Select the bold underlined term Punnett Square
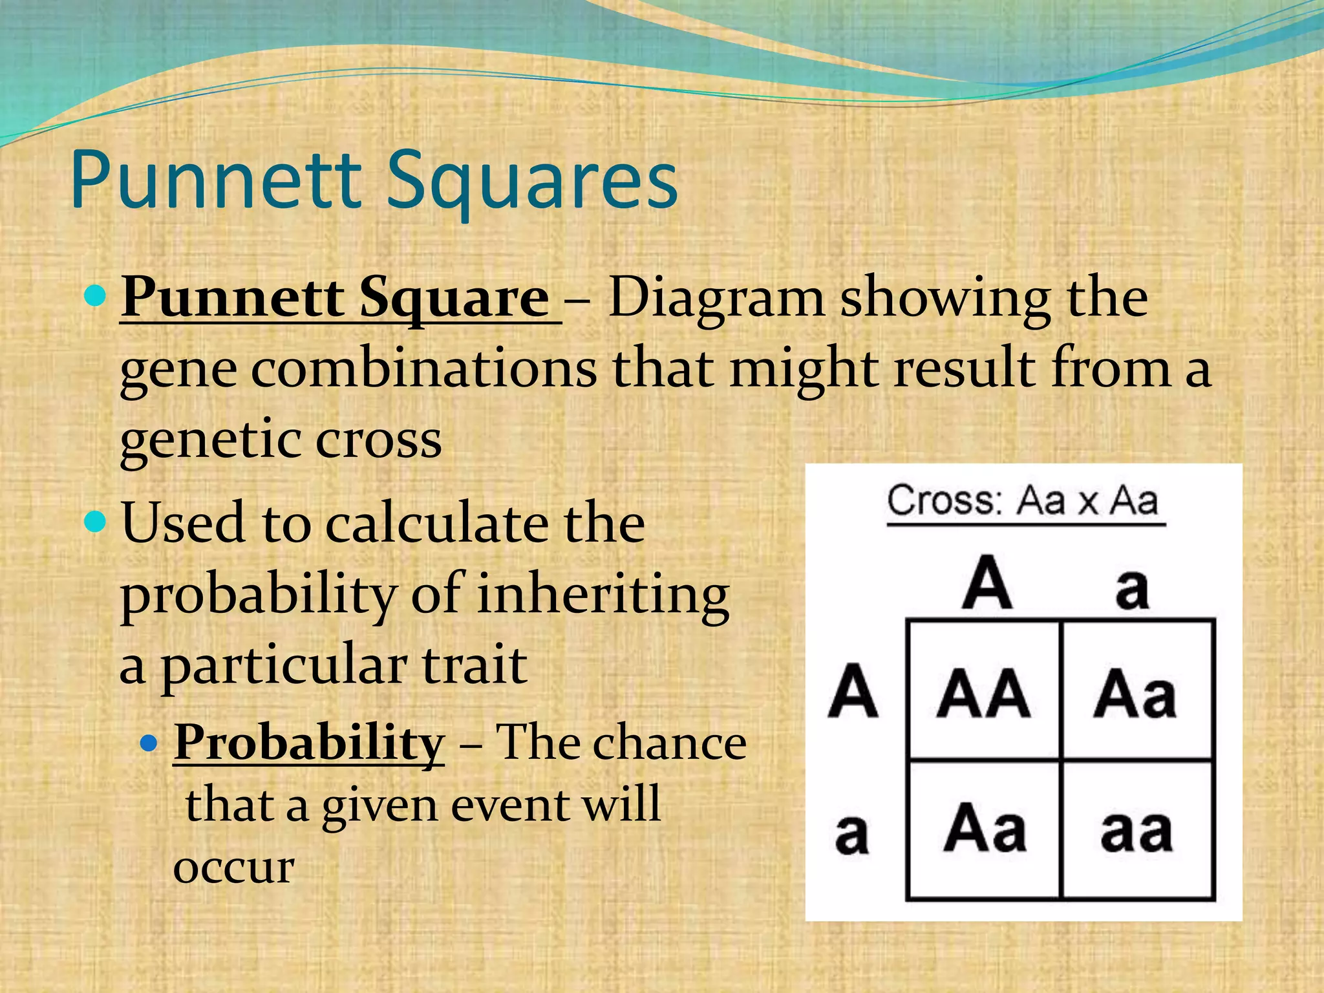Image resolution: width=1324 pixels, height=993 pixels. point(336,297)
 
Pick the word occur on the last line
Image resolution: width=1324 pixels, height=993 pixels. point(233,868)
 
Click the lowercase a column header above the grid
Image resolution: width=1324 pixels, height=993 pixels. point(1131,588)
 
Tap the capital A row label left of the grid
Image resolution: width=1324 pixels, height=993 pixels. point(853,692)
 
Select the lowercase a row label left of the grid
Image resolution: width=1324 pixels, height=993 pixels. point(852,834)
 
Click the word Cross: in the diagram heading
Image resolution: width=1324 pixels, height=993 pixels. point(945,501)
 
